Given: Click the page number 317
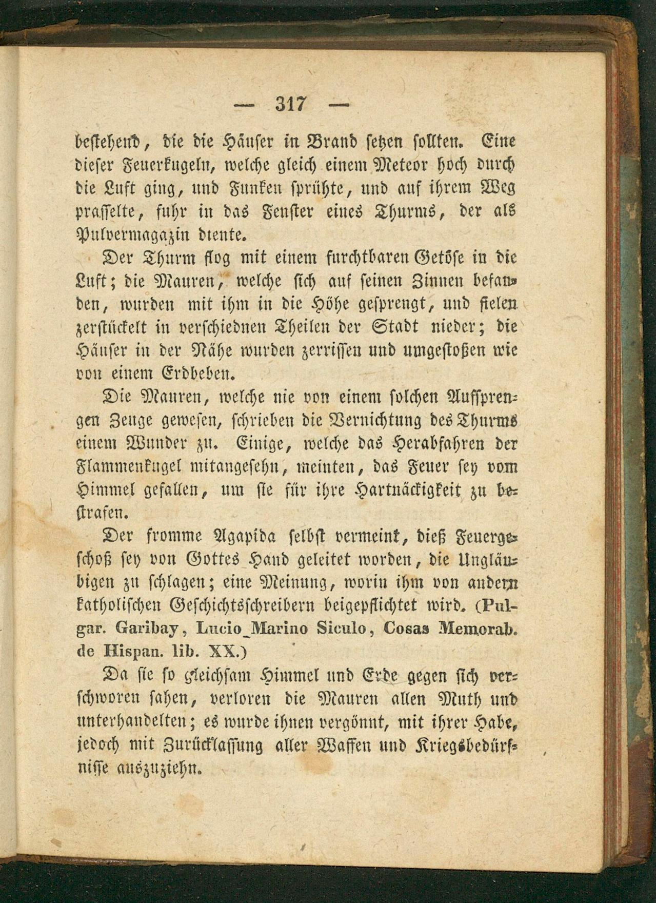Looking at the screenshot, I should click(x=291, y=104).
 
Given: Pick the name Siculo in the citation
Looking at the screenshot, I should click(x=341, y=628).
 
